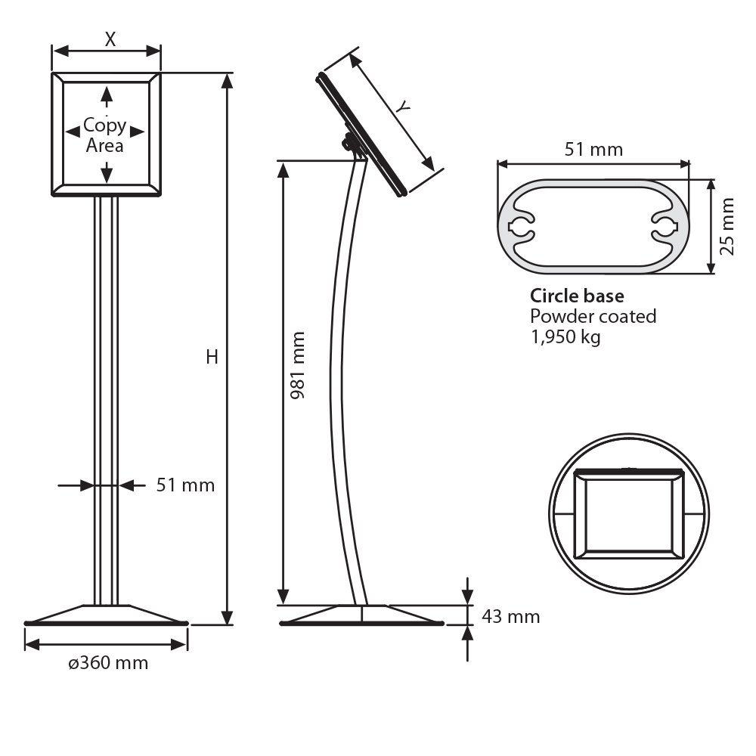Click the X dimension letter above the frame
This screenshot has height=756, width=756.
coord(110,39)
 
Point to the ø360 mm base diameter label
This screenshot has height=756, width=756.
coord(108,664)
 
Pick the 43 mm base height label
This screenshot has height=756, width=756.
coord(511,617)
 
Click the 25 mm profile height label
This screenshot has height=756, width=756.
coord(727,226)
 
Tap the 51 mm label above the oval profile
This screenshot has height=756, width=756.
coord(594,150)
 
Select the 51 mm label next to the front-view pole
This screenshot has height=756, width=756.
coord(185,485)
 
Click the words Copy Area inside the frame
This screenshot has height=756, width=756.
coord(105,135)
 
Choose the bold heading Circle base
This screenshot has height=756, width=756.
coord(577,296)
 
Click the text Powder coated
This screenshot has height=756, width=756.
coord(593,316)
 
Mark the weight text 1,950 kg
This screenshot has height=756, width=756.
coord(565,336)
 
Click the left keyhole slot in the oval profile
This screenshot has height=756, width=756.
coord(522,225)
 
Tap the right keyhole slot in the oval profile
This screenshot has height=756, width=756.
coord(665,225)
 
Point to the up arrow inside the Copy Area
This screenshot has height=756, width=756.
coord(107,97)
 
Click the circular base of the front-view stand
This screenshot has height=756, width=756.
coord(107,615)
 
